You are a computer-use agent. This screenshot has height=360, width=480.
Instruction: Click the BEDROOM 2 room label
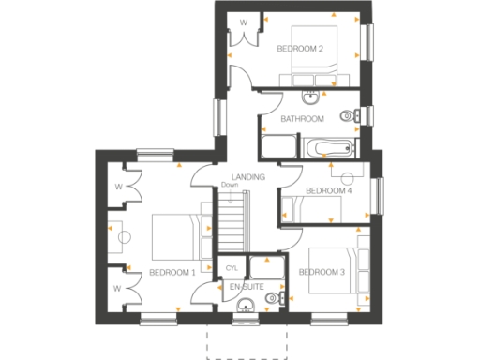pyautogui.click(x=299, y=47)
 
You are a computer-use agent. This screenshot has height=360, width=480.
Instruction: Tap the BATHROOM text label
pyautogui.click(x=303, y=119)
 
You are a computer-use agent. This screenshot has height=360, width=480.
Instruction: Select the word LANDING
pyautogui.click(x=247, y=176)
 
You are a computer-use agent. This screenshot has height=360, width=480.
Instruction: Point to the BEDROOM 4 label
pyautogui.click(x=329, y=190)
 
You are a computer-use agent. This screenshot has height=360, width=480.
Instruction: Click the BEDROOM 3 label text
pyautogui.click(x=322, y=272)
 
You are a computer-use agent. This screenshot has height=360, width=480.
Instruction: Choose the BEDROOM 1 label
pyautogui.click(x=172, y=272)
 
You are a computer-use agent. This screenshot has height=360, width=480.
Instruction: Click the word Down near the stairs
pyautogui.click(x=231, y=185)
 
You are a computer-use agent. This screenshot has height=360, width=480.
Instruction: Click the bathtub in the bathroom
pyautogui.click(x=328, y=147)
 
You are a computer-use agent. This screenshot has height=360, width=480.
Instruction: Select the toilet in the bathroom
pyautogui.click(x=346, y=116)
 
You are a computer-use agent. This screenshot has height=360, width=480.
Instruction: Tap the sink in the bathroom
pyautogui.click(x=309, y=97)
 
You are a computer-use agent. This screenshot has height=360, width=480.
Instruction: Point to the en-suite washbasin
pyautogui.click(x=246, y=304)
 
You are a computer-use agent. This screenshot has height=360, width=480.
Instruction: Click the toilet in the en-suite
pyautogui.click(x=272, y=298)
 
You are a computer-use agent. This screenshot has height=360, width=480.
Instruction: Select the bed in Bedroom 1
pyautogui.click(x=176, y=236)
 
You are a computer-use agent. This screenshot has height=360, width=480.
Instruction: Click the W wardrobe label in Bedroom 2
pyautogui.click(x=244, y=21)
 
